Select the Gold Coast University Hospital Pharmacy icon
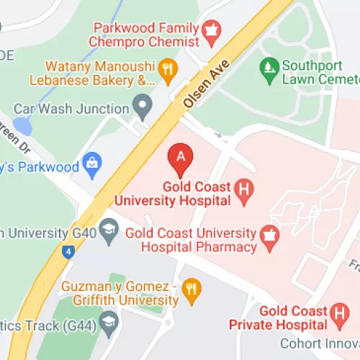point(269,240)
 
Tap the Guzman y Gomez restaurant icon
point(191,289)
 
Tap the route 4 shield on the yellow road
point(68,252)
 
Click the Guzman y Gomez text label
point(120,291)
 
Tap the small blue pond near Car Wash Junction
point(22,127)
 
